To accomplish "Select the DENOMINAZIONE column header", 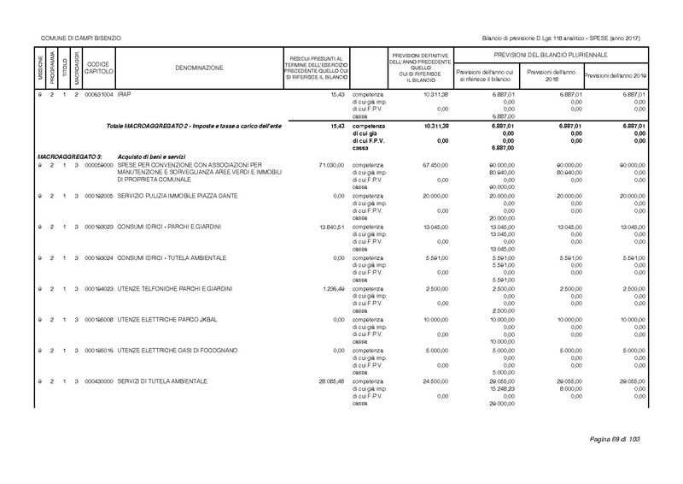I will (200, 67).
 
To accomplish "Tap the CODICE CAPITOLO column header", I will (98, 67).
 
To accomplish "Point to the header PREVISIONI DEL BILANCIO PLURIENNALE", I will (549, 54).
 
